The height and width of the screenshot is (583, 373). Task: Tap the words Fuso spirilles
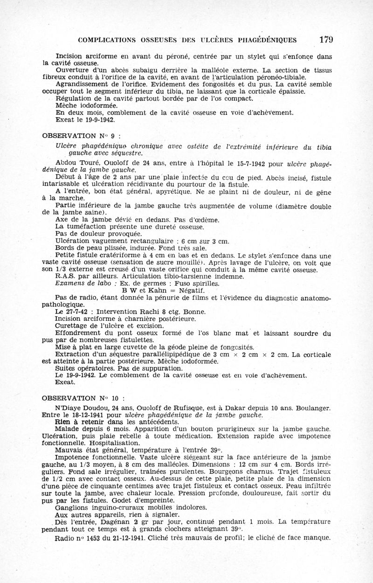coord(196,283)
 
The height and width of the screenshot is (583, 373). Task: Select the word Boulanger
coord(312,407)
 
